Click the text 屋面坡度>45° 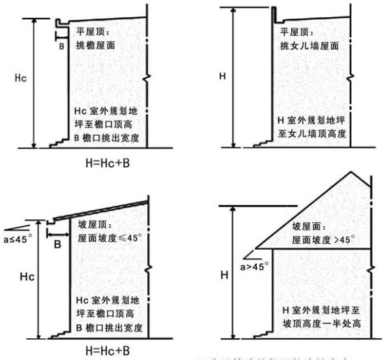click(318, 241)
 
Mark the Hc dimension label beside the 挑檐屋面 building click(20, 78)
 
